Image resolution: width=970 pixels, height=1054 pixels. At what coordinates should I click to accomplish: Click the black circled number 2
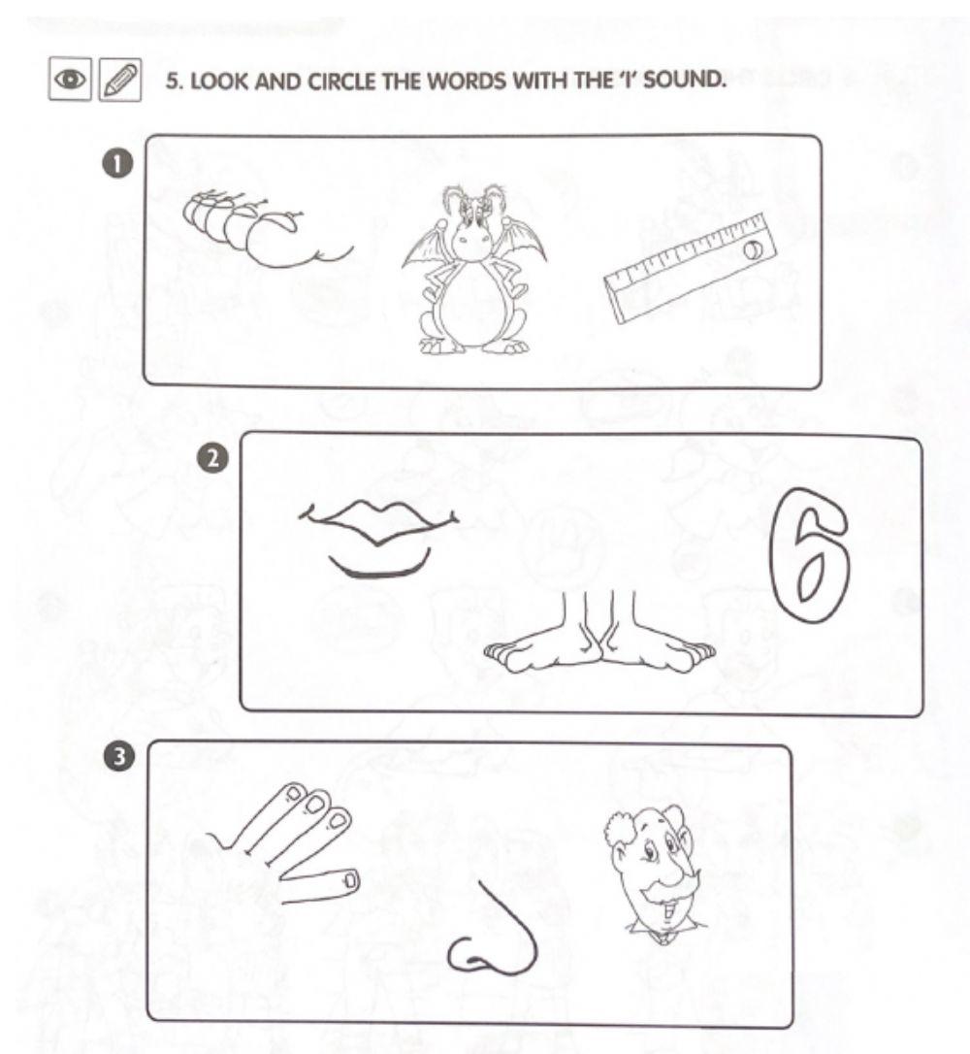(x=212, y=459)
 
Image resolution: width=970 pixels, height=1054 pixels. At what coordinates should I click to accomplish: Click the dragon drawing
(x=474, y=272)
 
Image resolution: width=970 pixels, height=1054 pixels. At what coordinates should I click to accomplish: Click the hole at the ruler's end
(x=753, y=250)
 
